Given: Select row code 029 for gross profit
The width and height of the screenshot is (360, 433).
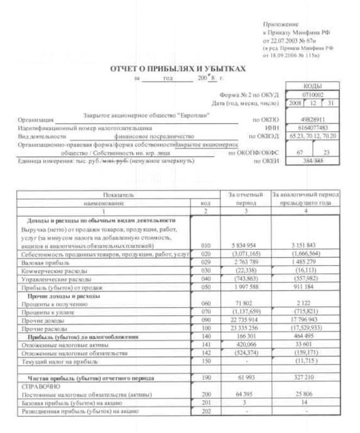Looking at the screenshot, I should click(x=205, y=262).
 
